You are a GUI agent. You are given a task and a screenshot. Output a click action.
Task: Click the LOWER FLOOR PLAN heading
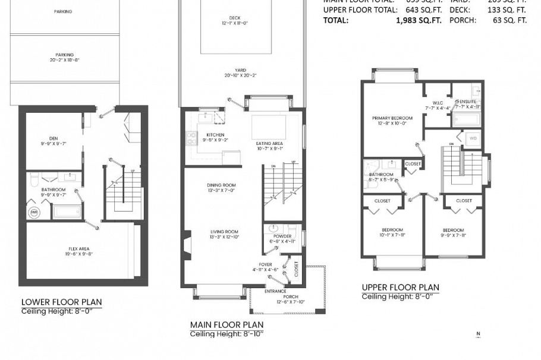pyautogui.click(x=62, y=302)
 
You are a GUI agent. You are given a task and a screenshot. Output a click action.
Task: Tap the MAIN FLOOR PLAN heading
pyautogui.click(x=227, y=324)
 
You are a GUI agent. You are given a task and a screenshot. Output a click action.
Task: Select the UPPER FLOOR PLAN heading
pyautogui.click(x=401, y=288)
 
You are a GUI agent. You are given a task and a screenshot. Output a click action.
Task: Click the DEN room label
pyautogui.click(x=54, y=139)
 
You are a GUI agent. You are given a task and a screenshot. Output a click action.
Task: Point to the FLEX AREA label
pyautogui.click(x=78, y=249)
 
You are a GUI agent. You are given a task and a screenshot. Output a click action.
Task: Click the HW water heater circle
pyautogui.click(x=34, y=212)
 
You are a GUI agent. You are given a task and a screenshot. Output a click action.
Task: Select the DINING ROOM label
pyautogui.click(x=221, y=185)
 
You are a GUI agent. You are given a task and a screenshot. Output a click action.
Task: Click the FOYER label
pyautogui.click(x=265, y=264)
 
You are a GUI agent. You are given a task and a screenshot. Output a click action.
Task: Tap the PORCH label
pyautogui.click(x=290, y=296)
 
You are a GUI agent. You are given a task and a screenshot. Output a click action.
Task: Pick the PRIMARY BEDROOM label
pyautogui.click(x=388, y=118)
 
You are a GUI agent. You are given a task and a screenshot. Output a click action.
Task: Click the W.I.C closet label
pyautogui.click(x=438, y=102)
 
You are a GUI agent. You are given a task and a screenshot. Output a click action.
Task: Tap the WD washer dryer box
pyautogui.click(x=473, y=138)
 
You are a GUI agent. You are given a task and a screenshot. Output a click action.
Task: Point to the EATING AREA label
pyautogui.click(x=269, y=143)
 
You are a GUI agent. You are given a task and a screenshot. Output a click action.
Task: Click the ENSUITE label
pyautogui.click(x=467, y=102)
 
